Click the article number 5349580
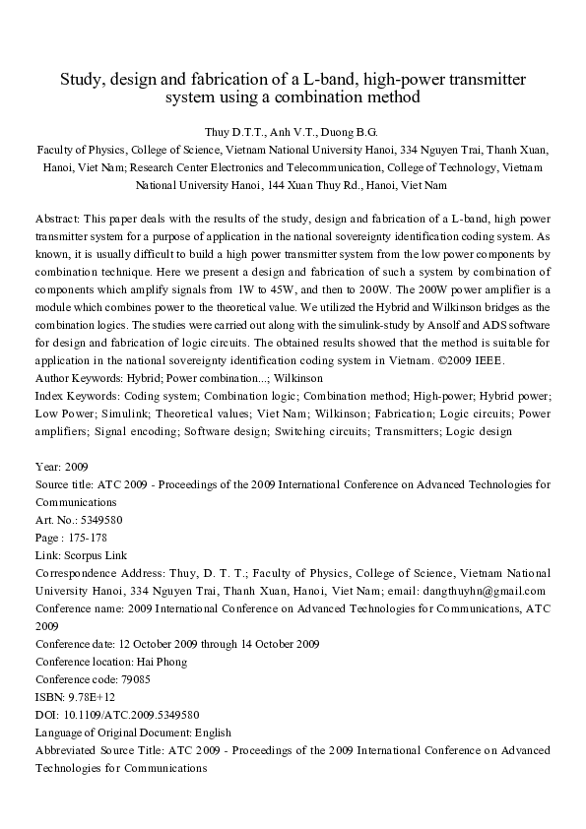101,519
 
